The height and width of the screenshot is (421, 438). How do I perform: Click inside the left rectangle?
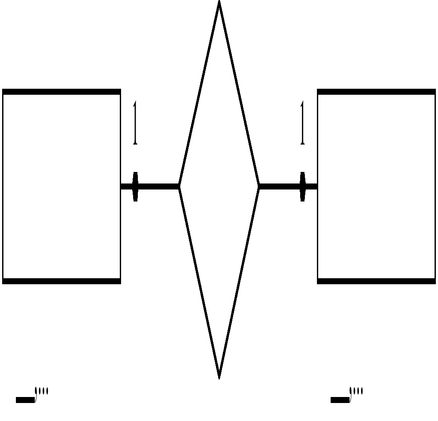tap(61, 186)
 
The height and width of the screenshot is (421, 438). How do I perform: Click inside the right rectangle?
tap(376, 186)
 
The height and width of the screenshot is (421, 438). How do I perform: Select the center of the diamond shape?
tap(219, 186)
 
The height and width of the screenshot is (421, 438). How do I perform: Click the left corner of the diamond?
tap(179, 186)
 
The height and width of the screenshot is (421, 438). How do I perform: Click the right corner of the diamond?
tap(259, 186)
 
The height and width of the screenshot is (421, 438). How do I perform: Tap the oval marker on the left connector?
tap(135, 186)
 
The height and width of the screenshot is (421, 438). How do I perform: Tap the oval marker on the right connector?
tap(302, 186)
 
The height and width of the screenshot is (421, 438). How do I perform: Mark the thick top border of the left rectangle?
tap(61, 92)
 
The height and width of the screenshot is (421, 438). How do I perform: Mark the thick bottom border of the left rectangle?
tap(61, 281)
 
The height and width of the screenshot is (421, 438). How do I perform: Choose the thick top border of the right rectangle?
tap(376, 92)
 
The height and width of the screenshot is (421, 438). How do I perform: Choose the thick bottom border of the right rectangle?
tap(376, 281)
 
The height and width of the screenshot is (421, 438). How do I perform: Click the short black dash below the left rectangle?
tap(25, 400)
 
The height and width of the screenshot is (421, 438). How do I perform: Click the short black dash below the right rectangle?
tap(340, 400)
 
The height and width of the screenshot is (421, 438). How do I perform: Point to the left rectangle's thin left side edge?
tap(3, 186)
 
